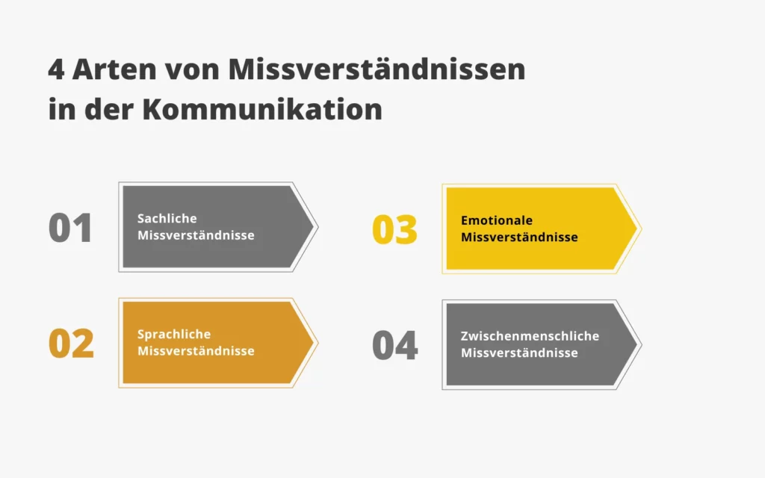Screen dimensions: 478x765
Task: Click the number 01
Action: point(70,229)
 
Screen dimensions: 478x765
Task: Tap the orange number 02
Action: point(71,344)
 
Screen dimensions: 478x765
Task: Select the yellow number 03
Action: point(394,230)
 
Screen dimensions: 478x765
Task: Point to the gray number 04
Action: point(394,346)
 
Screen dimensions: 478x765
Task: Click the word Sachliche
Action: point(167,218)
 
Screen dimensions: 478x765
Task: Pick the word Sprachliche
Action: point(174,334)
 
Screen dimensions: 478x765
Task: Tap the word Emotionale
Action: point(497,220)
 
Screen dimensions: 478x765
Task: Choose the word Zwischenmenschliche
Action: point(530,336)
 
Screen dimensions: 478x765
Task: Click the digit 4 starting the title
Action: point(56,70)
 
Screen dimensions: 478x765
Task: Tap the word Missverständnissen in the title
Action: point(377,70)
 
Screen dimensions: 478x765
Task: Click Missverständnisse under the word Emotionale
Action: point(519,238)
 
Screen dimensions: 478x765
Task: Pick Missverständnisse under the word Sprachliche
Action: point(196,351)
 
